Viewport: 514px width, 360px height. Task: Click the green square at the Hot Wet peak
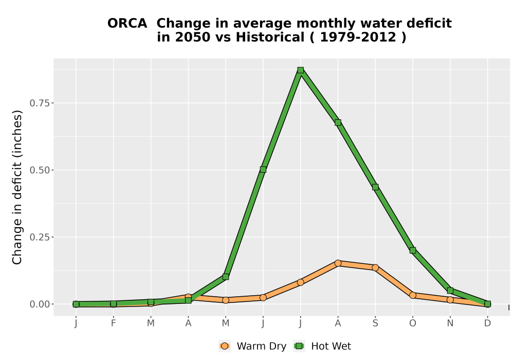(x=300, y=70)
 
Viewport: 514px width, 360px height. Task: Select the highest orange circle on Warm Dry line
(x=338, y=263)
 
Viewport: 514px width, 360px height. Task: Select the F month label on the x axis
(x=114, y=323)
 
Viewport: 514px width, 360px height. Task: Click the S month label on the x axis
(x=375, y=323)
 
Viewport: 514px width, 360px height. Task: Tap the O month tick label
(x=413, y=323)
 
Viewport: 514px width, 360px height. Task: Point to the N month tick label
(x=450, y=323)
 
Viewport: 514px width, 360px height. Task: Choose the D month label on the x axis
(x=487, y=323)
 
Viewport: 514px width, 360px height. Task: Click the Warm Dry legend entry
(x=253, y=346)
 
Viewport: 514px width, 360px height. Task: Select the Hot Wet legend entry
(x=322, y=346)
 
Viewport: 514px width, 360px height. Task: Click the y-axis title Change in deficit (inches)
(x=17, y=187)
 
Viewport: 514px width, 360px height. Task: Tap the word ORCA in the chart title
(x=127, y=23)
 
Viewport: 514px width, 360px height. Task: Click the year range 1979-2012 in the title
(x=358, y=37)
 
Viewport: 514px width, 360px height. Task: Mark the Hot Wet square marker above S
(x=375, y=187)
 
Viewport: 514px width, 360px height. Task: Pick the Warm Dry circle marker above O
(x=413, y=295)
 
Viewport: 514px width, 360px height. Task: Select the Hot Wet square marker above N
(x=450, y=291)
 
